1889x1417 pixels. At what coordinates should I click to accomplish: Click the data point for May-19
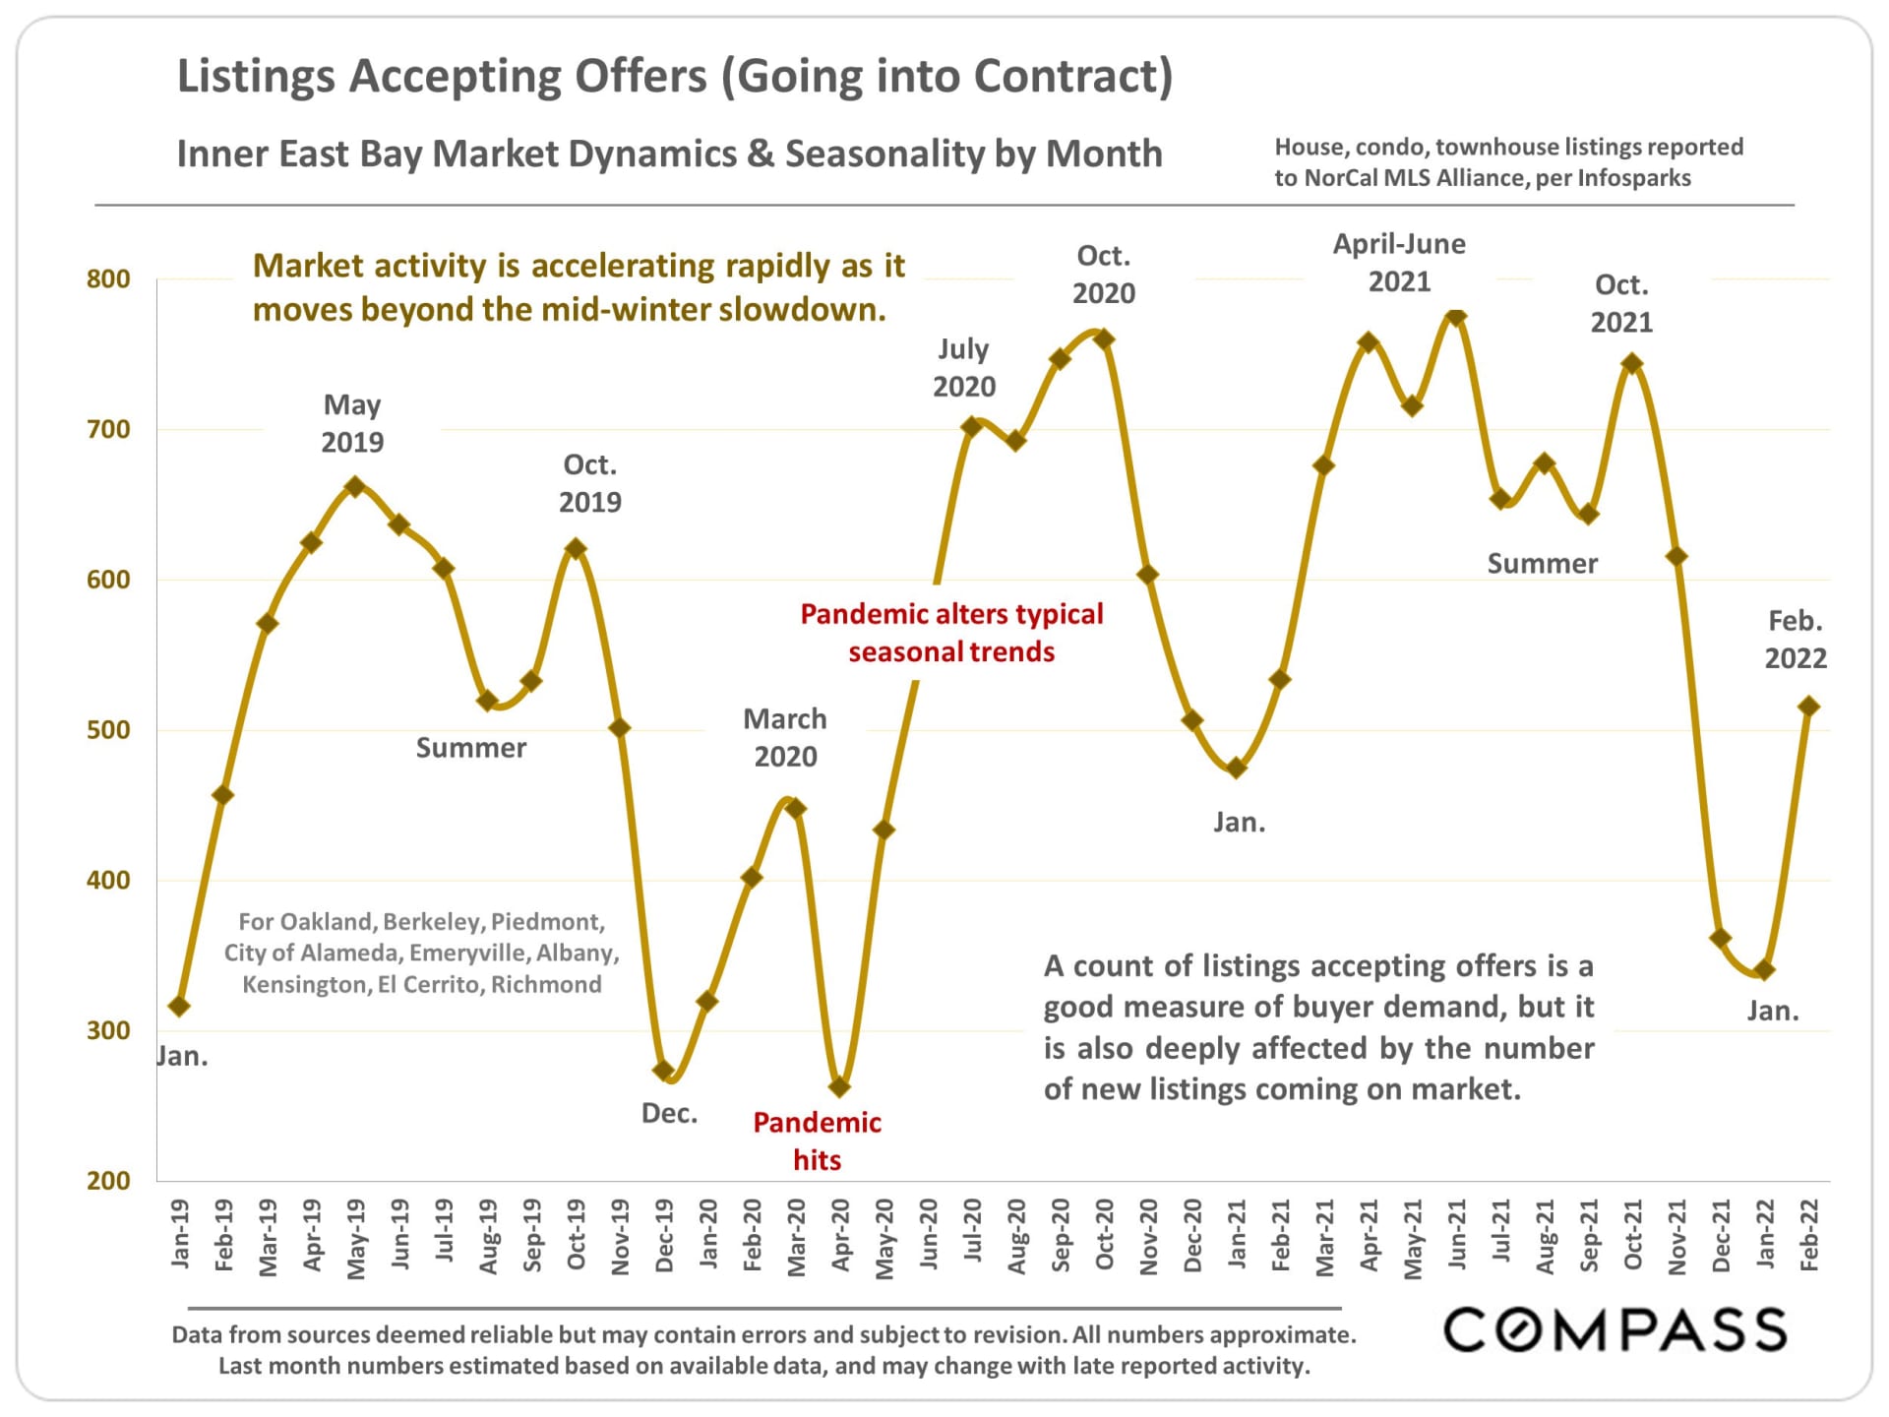355,487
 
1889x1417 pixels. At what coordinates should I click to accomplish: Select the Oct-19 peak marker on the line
577,548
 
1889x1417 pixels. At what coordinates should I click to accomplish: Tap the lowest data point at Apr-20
839,1087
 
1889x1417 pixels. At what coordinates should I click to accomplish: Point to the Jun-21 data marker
1457,317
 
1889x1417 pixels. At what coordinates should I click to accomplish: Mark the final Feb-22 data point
1808,707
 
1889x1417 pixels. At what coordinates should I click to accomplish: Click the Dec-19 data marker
663,1071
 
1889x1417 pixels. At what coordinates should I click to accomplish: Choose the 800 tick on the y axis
108,279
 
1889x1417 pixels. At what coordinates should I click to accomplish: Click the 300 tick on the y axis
108,1030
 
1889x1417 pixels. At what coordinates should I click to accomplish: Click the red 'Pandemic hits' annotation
817,1140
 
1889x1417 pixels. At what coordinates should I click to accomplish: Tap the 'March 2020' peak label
785,737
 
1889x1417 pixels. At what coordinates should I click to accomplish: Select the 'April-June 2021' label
1399,263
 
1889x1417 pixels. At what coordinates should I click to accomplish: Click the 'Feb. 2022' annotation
1796,640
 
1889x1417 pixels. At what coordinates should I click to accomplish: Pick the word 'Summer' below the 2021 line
1542,564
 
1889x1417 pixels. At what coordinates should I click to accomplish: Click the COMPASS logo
1615,1330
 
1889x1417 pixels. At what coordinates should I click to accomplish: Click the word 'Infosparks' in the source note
1633,178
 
